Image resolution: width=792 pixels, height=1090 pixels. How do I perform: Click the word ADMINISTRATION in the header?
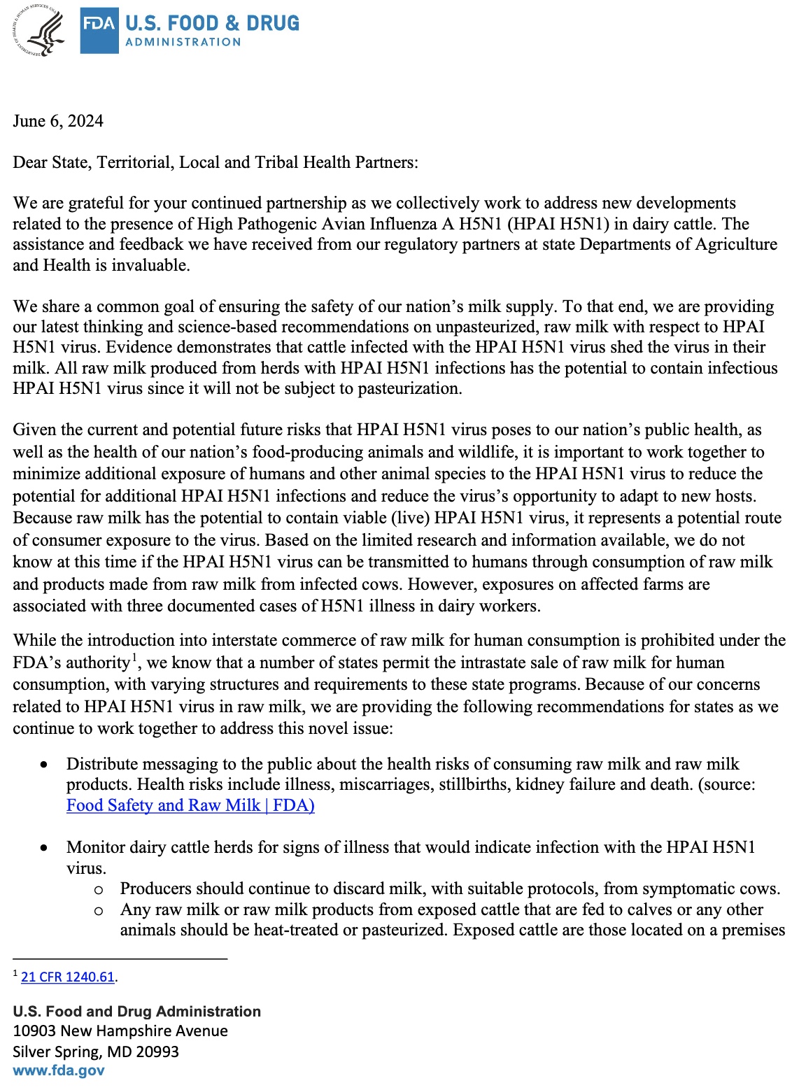[x=183, y=42]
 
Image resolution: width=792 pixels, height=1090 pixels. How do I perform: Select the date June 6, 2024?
[x=58, y=121]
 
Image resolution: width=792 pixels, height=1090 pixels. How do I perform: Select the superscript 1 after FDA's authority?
[x=134, y=658]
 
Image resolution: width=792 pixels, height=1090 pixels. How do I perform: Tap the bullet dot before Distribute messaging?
[x=44, y=765]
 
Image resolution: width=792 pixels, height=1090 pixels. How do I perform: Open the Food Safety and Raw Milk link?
[x=190, y=805]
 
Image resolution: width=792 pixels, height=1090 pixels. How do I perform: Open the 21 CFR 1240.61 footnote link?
[x=68, y=977]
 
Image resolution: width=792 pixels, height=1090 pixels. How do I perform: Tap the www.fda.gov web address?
[x=59, y=1070]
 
